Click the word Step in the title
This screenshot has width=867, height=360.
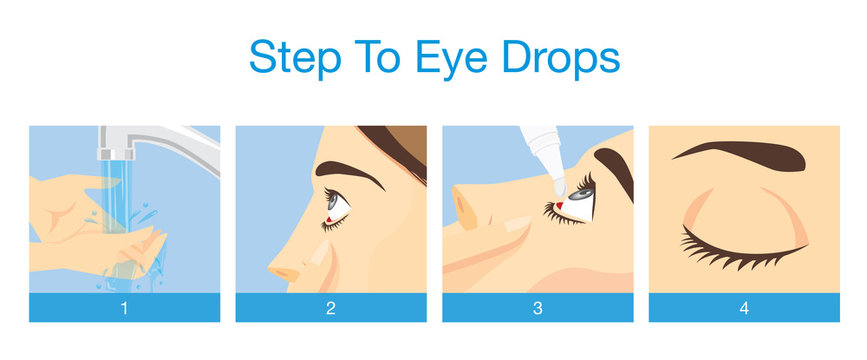(x=287, y=58)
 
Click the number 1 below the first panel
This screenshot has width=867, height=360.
(x=124, y=308)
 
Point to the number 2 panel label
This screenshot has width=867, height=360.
(x=331, y=308)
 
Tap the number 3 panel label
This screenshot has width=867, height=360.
(x=537, y=308)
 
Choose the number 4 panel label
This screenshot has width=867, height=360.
(x=744, y=308)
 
